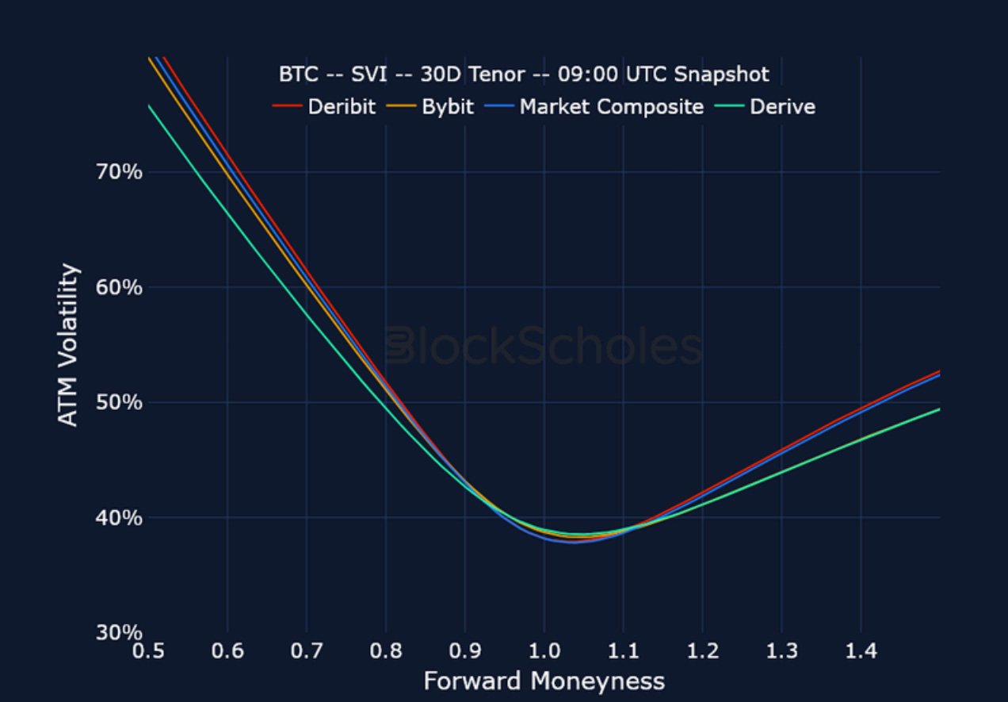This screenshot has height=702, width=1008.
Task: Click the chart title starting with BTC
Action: [x=523, y=75]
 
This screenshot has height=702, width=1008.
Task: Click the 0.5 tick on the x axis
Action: [x=148, y=651]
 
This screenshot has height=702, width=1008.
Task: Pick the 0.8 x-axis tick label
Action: [x=386, y=651]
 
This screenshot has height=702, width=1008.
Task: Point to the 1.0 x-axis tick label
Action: [x=544, y=651]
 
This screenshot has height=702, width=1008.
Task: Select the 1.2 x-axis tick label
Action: [x=703, y=651]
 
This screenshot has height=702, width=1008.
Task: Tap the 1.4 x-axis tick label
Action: [x=861, y=651]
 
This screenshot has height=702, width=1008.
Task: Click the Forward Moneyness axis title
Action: [x=544, y=681]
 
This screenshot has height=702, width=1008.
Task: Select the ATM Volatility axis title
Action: [x=70, y=345]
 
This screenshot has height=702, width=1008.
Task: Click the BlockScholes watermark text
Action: [x=544, y=347]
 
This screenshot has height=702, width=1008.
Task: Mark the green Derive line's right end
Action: [x=939, y=409]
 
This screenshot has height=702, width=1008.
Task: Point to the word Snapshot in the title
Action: [x=722, y=75]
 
